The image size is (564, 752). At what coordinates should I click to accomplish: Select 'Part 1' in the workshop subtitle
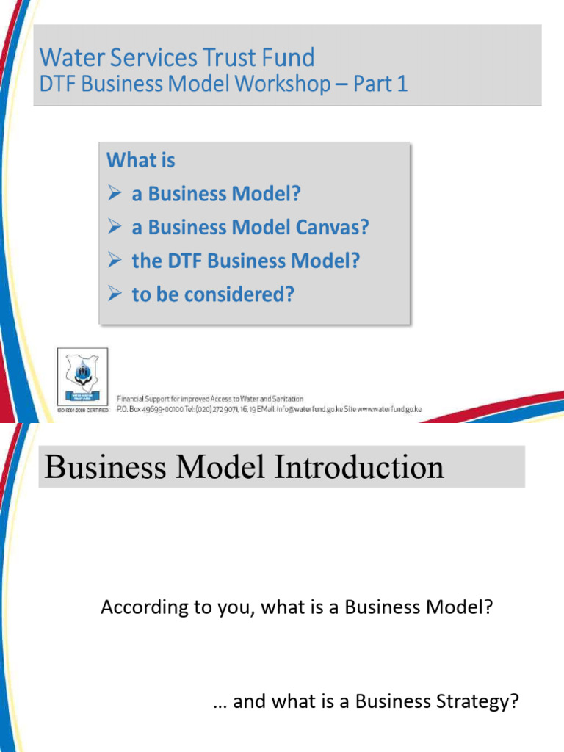pyautogui.click(x=380, y=84)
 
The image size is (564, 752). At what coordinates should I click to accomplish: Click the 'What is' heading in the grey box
pyautogui.click(x=141, y=159)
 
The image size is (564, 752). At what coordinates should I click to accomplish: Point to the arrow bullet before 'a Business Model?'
pyautogui.click(x=115, y=194)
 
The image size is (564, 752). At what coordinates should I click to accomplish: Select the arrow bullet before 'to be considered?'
pyautogui.click(x=115, y=294)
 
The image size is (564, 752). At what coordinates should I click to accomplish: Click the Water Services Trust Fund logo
pyautogui.click(x=82, y=375)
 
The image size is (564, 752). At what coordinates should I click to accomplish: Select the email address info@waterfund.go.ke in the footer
pyautogui.click(x=309, y=409)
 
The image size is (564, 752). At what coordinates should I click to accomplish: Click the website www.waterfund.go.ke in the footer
pyautogui.click(x=390, y=409)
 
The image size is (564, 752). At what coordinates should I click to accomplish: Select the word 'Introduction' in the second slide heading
pyautogui.click(x=361, y=467)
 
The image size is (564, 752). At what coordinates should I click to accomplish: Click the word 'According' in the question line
pyautogui.click(x=135, y=607)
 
